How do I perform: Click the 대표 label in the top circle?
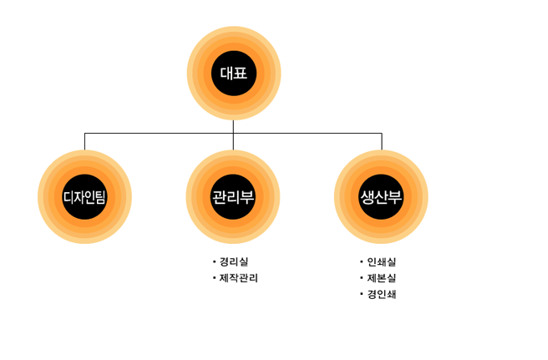click(x=233, y=74)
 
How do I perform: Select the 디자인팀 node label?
click(x=84, y=197)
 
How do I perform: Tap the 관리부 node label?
click(x=233, y=197)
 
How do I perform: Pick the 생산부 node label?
click(x=381, y=197)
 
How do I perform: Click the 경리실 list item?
click(x=234, y=261)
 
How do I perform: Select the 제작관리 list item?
click(x=239, y=278)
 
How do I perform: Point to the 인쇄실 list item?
click(x=382, y=261)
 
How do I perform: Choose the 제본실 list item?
click(x=382, y=278)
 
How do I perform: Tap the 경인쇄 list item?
click(x=382, y=294)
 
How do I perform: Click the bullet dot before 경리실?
click(x=214, y=261)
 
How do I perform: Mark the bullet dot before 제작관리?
click(x=214, y=278)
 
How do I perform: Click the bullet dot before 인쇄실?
click(x=362, y=261)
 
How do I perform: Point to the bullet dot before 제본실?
click(x=362, y=278)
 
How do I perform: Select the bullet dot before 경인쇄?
click(x=362, y=294)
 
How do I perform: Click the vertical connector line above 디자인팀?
click(x=84, y=141)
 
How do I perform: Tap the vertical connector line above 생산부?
click(x=382, y=141)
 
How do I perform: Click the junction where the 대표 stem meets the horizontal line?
click(x=233, y=133)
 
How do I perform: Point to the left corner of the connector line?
click(x=84, y=133)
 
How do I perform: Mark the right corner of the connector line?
click(x=382, y=133)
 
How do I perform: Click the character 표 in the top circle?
click(x=241, y=74)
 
